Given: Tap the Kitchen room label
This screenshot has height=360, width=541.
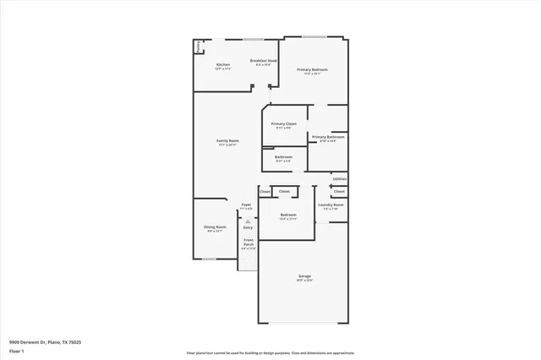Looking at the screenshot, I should [223, 64].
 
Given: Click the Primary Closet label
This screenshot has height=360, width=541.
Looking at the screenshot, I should [284, 123].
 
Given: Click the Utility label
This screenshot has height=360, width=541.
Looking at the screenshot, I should [339, 179].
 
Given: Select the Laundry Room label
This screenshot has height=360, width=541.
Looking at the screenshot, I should [331, 205].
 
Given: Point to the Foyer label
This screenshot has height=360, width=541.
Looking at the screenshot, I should [247, 205].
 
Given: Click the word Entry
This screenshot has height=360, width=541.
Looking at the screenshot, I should [248, 227].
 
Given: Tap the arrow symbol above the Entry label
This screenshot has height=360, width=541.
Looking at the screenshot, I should [248, 221].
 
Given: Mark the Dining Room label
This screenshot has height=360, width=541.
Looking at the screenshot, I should [215, 226].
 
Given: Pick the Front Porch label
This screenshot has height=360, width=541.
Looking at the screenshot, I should [248, 243].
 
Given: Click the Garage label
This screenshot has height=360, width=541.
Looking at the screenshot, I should [304, 276].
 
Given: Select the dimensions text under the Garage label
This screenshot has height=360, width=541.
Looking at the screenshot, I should [304, 281].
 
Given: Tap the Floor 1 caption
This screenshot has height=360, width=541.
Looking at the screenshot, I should [16, 349].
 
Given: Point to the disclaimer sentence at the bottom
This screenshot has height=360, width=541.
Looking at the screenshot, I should [270, 352].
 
